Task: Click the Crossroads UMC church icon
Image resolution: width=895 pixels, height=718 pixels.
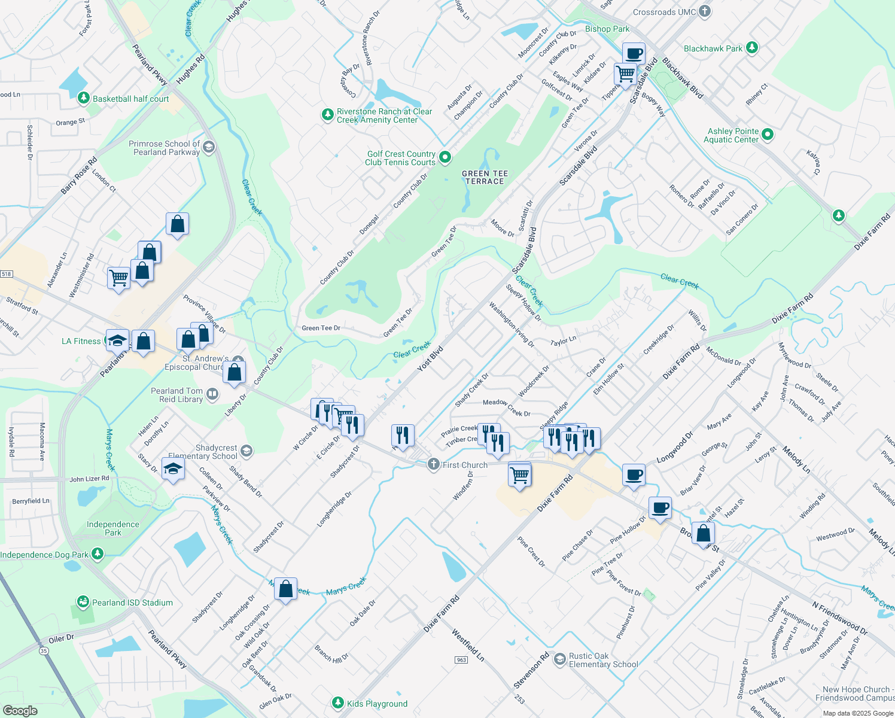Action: (705, 11)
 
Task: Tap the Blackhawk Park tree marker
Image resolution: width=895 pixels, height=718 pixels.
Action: (752, 48)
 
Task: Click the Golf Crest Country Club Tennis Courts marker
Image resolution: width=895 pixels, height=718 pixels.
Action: (445, 157)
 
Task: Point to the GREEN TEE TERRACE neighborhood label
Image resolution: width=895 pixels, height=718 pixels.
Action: (485, 177)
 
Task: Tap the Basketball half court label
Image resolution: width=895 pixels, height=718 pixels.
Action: (130, 99)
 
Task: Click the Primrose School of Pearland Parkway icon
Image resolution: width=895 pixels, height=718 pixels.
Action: (208, 147)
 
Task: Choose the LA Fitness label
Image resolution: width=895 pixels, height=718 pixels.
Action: (81, 341)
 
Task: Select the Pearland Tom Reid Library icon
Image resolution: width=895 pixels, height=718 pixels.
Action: (212, 394)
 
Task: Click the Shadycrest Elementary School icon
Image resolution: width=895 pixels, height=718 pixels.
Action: (245, 451)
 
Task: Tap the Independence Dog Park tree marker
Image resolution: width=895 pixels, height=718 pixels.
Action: (98, 555)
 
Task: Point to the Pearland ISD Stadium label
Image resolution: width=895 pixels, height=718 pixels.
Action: (132, 603)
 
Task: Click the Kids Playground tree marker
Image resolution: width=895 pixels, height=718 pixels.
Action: (338, 702)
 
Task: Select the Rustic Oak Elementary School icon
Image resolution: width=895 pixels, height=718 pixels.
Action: (559, 659)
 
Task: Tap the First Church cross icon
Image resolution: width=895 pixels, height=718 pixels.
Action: (434, 465)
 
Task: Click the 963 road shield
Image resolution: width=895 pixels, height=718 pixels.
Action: (461, 659)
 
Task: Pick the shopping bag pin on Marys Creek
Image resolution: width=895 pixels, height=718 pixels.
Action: (286, 589)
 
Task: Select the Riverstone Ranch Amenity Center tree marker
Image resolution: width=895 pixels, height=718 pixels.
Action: (327, 114)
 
